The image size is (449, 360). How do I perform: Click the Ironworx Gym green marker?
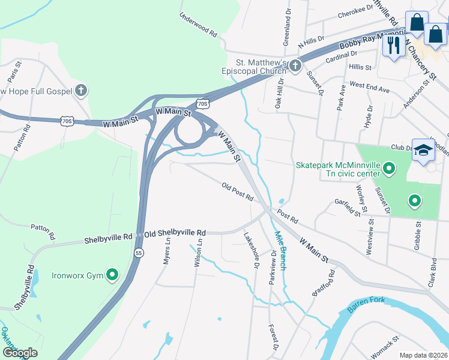click(112, 275)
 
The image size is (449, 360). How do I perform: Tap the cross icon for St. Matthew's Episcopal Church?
click(294, 65)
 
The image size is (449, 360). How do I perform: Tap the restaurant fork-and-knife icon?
click(394, 46)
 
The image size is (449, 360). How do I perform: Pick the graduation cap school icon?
click(423, 149)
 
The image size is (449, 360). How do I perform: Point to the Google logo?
click(20, 353)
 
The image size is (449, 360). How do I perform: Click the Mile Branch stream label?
click(280, 250)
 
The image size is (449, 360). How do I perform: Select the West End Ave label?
click(369, 87)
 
